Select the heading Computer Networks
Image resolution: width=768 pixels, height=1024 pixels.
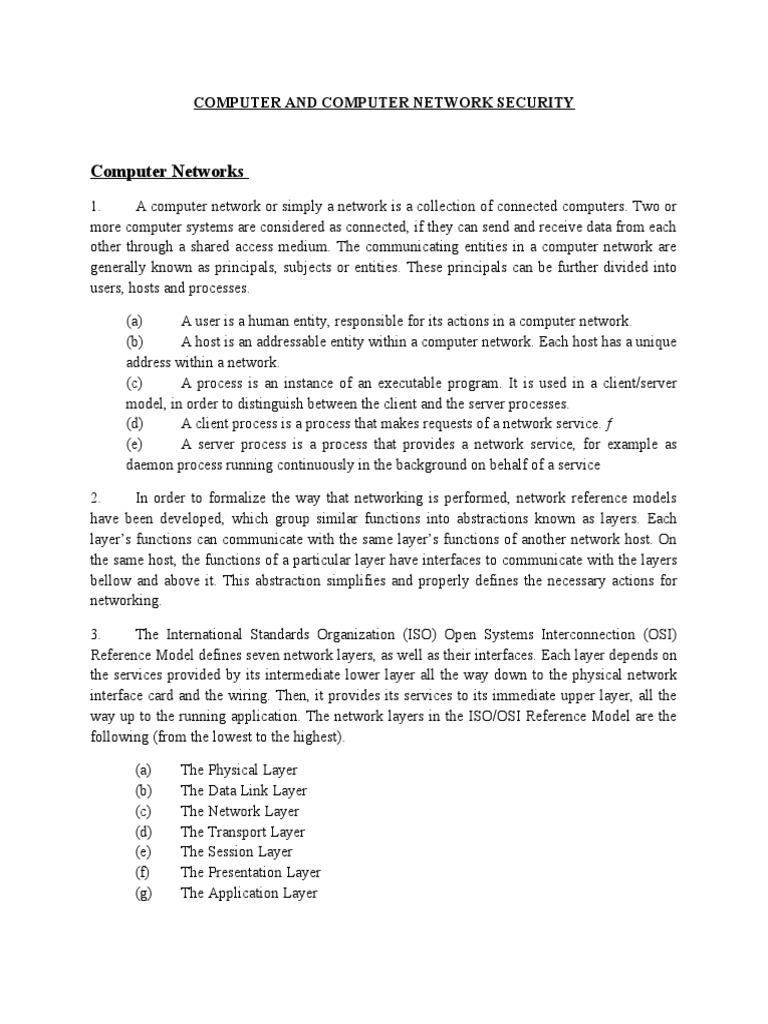pyautogui.click(x=167, y=171)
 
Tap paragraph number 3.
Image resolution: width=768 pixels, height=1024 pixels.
pyautogui.click(x=95, y=635)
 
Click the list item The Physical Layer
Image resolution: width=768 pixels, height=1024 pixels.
pyautogui.click(x=239, y=771)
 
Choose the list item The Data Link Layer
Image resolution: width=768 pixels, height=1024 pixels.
pyautogui.click(x=243, y=791)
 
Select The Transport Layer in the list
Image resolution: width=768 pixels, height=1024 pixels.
pyautogui.click(x=243, y=832)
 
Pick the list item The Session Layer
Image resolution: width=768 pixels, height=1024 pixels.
pyautogui.click(x=236, y=852)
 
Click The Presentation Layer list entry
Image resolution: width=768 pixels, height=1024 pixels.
pyautogui.click(x=250, y=873)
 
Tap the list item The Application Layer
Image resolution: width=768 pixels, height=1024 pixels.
pyautogui.click(x=248, y=893)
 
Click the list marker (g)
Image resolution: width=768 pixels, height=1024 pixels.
pyautogui.click(x=142, y=893)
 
